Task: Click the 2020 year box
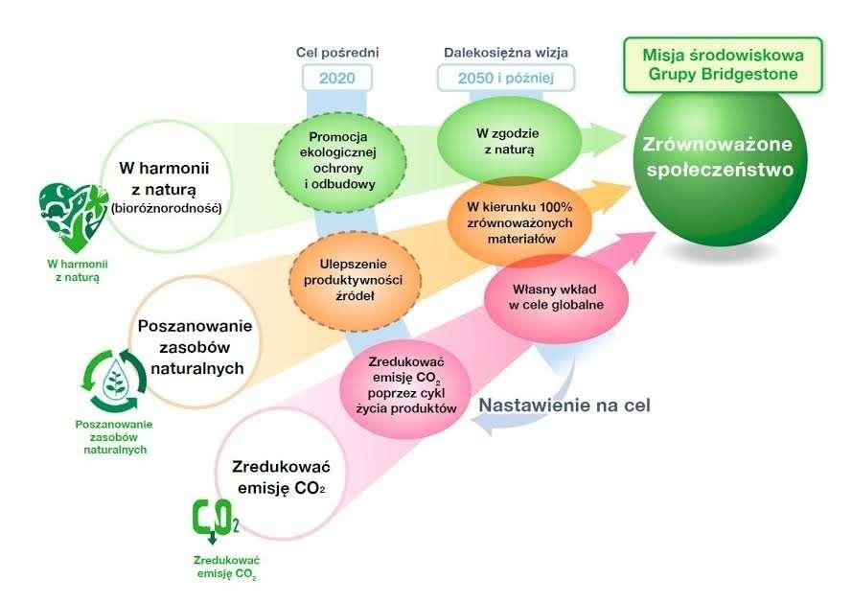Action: [x=337, y=78]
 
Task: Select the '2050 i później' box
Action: [x=506, y=78]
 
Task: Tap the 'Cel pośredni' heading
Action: [x=337, y=53]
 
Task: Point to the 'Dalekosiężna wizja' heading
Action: [x=506, y=53]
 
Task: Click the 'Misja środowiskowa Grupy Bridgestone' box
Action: [x=723, y=64]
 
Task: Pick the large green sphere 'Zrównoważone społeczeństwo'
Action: [x=721, y=163]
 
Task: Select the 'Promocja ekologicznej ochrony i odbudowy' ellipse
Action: [x=340, y=160]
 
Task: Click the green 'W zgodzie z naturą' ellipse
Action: [x=509, y=141]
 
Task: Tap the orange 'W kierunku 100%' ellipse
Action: [x=519, y=223]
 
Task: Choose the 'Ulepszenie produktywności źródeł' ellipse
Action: [x=355, y=281]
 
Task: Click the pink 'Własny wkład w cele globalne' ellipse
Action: [x=556, y=297]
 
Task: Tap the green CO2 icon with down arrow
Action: [x=216, y=522]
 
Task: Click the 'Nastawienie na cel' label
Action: [x=564, y=406]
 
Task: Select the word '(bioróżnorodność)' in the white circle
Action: [x=166, y=208]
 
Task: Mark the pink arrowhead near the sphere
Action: [x=634, y=244]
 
